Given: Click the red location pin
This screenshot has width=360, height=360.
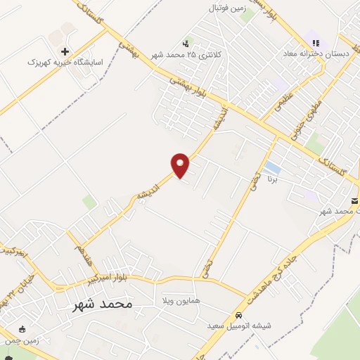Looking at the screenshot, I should point(181,165).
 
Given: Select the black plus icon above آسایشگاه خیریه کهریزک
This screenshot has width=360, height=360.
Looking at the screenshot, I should point(65,51).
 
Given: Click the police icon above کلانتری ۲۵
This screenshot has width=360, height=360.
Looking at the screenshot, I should point(186,44).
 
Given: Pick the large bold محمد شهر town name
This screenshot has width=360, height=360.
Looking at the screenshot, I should point(102,304).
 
